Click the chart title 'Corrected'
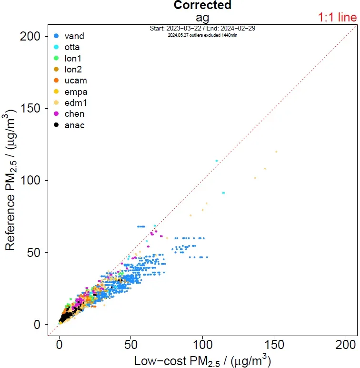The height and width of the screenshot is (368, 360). tap(202, 6)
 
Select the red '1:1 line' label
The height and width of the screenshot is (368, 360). tap(337, 18)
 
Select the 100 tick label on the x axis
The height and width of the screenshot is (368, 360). tap(202, 344)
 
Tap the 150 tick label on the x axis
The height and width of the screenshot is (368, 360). tap(274, 344)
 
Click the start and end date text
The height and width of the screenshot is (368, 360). tap(202, 29)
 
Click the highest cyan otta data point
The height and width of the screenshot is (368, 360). tap(217, 161)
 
